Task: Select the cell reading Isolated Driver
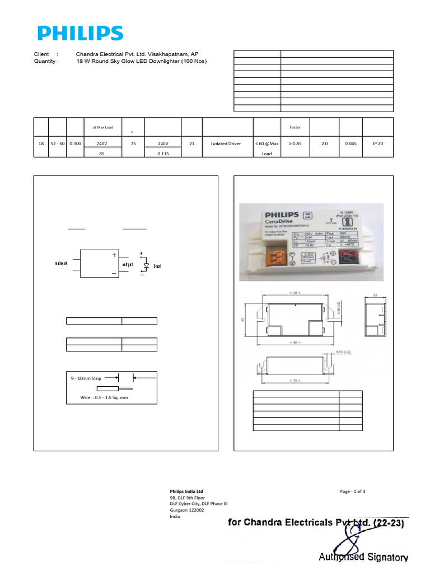click(226, 143)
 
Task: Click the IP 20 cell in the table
click(378, 143)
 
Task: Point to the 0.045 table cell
click(350, 143)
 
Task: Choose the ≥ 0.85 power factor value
click(295, 143)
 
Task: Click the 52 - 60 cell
click(58, 143)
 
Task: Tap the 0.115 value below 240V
click(163, 153)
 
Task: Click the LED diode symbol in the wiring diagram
click(147, 265)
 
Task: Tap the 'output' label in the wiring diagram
click(128, 264)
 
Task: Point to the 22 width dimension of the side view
click(375, 294)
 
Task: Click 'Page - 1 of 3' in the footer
click(353, 491)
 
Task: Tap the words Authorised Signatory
click(363, 557)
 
